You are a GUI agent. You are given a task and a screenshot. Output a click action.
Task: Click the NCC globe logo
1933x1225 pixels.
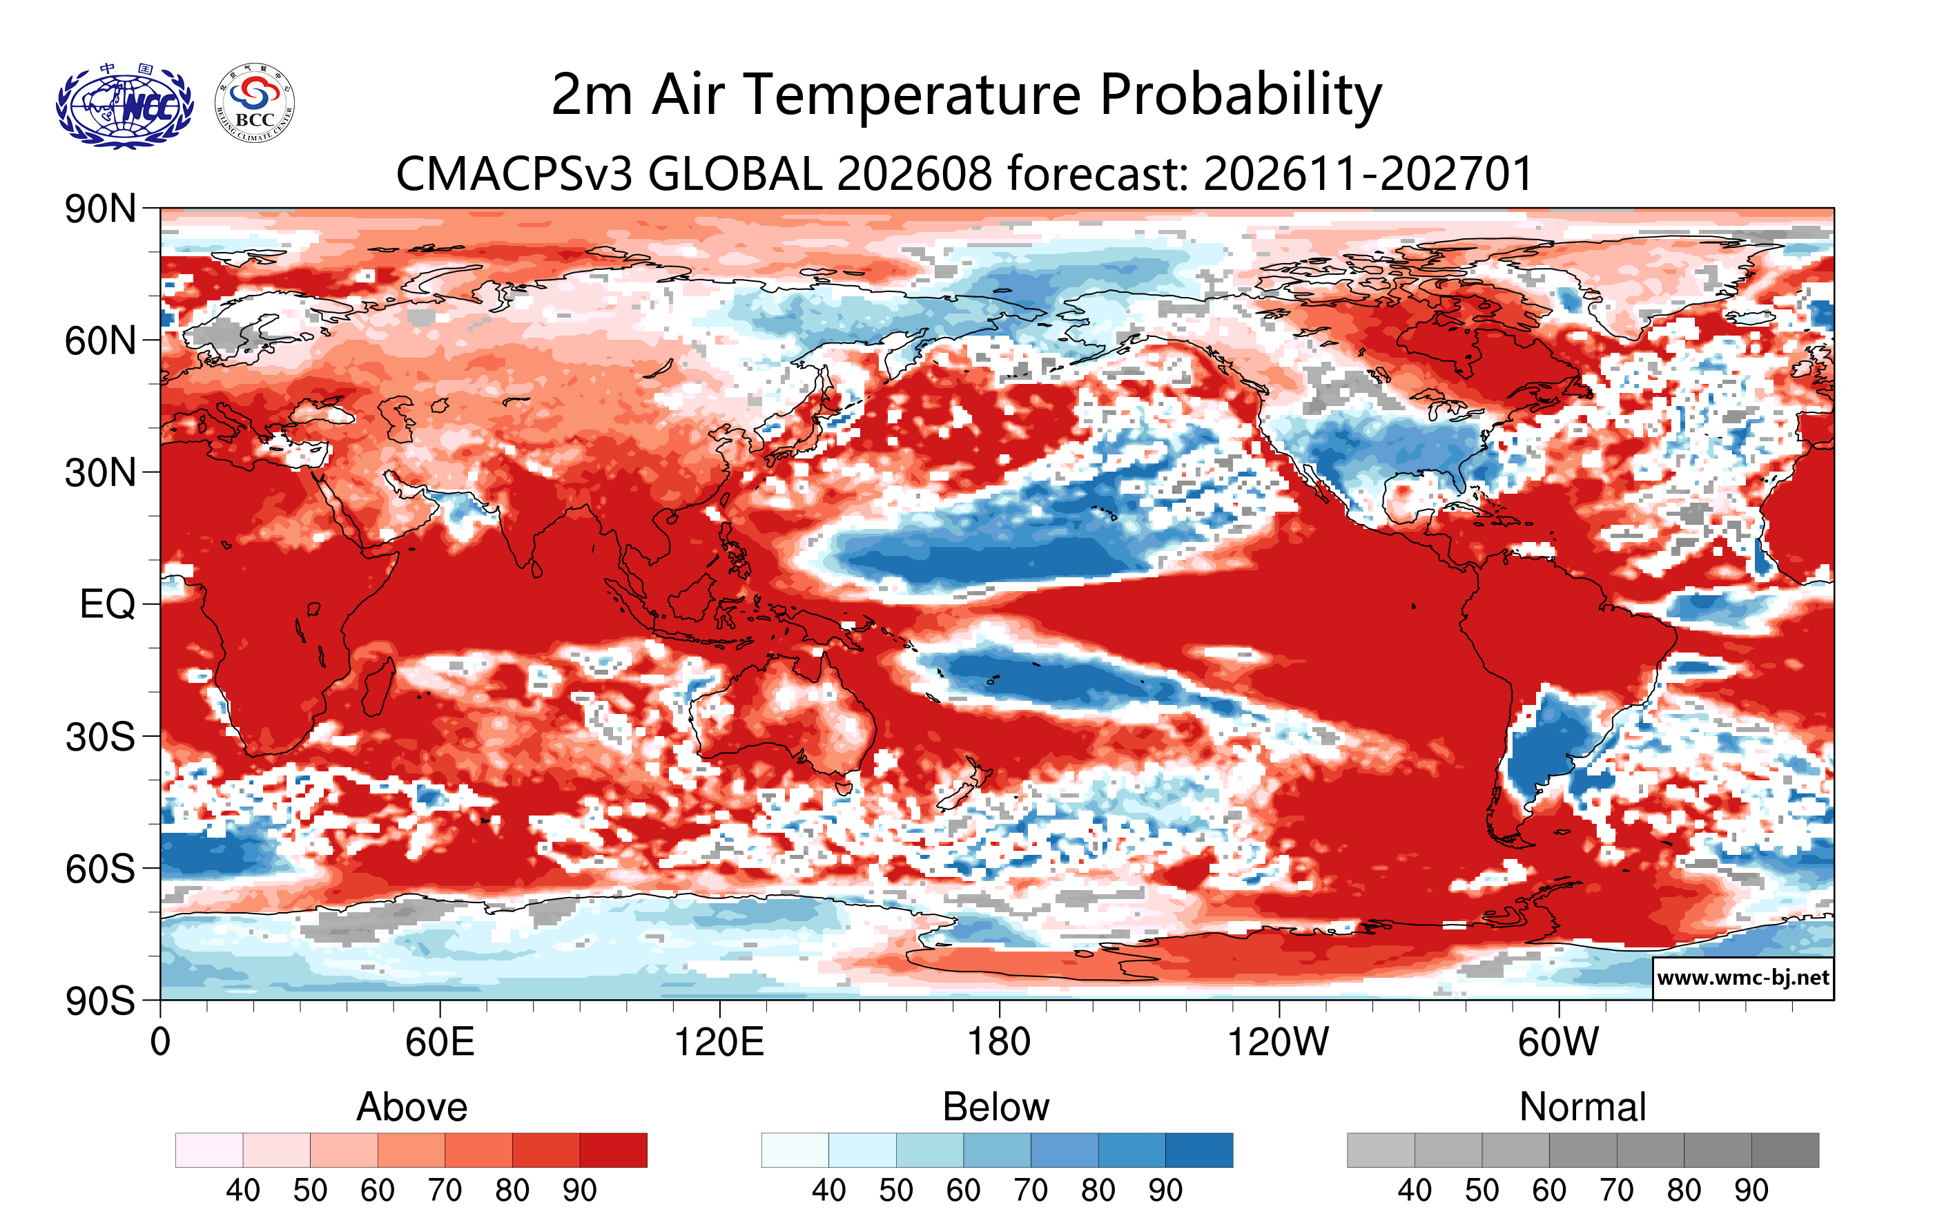(124, 105)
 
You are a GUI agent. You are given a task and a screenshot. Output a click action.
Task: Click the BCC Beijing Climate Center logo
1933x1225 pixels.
(255, 104)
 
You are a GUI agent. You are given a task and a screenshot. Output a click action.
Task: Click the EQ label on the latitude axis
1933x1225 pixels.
(107, 604)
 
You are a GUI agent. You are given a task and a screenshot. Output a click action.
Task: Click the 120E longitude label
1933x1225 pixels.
(719, 1042)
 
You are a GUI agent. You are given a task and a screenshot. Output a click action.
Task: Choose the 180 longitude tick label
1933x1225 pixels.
(999, 1042)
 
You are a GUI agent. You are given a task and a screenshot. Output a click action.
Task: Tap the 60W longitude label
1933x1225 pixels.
(1558, 1042)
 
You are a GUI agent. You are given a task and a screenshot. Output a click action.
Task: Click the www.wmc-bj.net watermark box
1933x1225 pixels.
(1742, 978)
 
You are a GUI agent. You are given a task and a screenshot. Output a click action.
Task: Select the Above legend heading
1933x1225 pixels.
(412, 1107)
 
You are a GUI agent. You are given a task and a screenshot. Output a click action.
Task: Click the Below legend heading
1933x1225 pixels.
(996, 1107)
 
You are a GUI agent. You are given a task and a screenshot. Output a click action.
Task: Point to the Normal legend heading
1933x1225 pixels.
(1582, 1107)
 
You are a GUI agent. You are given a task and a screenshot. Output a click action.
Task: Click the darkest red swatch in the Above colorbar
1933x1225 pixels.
(613, 1150)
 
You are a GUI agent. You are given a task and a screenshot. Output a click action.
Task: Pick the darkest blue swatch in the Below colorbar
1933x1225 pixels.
(1199, 1150)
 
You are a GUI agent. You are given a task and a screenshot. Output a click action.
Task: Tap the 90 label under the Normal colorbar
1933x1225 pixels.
(1751, 1190)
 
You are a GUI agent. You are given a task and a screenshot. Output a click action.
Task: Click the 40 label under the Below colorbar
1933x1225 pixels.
(828, 1190)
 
